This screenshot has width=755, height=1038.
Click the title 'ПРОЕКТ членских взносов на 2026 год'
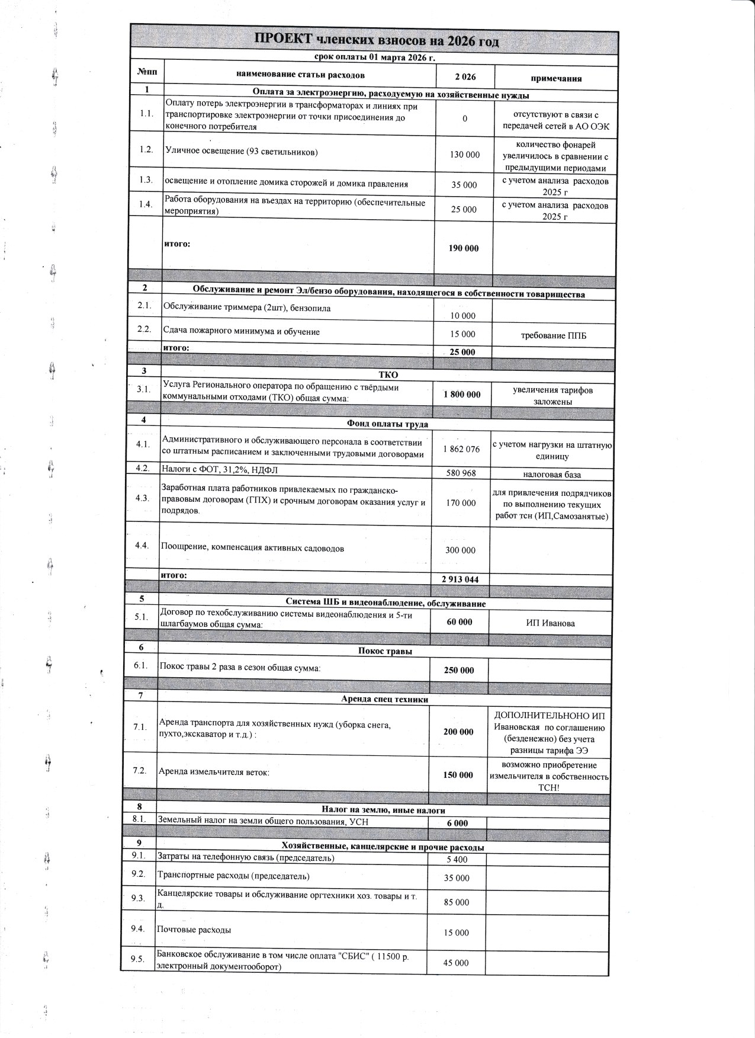(376, 40)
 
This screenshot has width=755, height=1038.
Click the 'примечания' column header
(555, 78)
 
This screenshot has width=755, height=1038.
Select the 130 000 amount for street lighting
(465, 154)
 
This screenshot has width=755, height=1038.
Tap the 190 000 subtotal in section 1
(464, 248)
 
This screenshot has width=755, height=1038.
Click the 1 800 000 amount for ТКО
(462, 394)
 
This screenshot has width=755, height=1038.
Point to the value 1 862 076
(461, 449)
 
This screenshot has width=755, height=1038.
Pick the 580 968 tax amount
(461, 473)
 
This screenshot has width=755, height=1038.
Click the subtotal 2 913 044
(460, 579)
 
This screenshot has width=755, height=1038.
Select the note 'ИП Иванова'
(550, 623)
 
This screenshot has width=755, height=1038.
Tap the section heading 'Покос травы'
(385, 651)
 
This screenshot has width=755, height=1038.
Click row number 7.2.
(140, 771)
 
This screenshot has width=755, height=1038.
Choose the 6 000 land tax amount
(457, 823)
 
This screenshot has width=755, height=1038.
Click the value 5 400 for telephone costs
(457, 859)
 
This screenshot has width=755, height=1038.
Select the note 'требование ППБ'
(554, 336)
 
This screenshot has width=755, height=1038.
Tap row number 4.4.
(142, 546)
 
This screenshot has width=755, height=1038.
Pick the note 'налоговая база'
(552, 475)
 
